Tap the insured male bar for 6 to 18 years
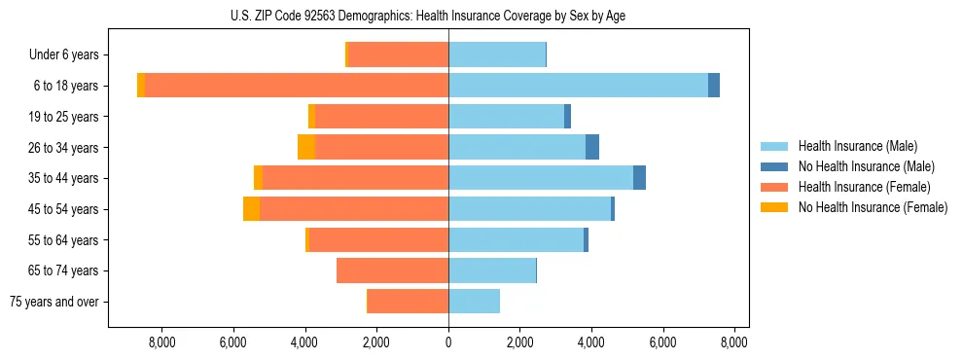pyautogui.click(x=578, y=86)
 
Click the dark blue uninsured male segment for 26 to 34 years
pyautogui.click(x=592, y=147)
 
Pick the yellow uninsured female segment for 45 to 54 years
pyautogui.click(x=251, y=208)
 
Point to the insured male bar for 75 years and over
pyautogui.click(x=474, y=302)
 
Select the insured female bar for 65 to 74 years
pyautogui.click(x=392, y=270)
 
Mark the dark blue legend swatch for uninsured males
pyautogui.click(x=774, y=166)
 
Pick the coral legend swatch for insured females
pyautogui.click(x=774, y=187)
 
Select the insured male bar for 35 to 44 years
pyautogui.click(x=541, y=178)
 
